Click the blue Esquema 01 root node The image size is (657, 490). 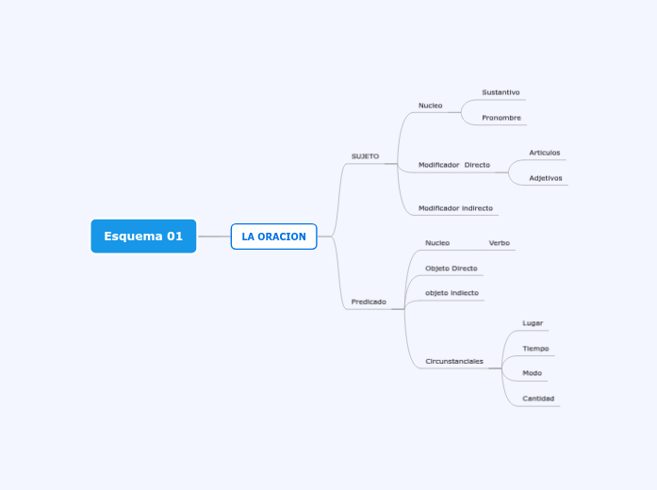click(143, 236)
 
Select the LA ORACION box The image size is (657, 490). click(273, 237)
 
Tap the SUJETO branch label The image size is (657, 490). click(365, 156)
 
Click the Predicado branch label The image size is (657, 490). click(369, 302)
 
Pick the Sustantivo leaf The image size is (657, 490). click(501, 92)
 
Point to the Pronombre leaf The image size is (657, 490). click(501, 118)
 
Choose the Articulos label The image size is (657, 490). click(544, 153)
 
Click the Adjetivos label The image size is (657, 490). click(545, 178)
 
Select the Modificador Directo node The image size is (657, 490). click(454, 165)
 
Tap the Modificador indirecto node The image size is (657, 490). click(455, 208)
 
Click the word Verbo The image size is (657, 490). click(499, 243)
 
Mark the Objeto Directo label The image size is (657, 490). click(451, 269)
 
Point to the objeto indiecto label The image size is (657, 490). click(452, 293)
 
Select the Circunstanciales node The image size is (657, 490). click(454, 361)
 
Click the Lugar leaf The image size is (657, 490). click(533, 323)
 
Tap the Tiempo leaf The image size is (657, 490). click(535, 349)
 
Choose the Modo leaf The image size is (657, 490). click(532, 373)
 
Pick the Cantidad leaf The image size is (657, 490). click(538, 399)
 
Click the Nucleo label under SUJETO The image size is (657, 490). click(430, 106)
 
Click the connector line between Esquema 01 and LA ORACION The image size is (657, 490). click(214, 237)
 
